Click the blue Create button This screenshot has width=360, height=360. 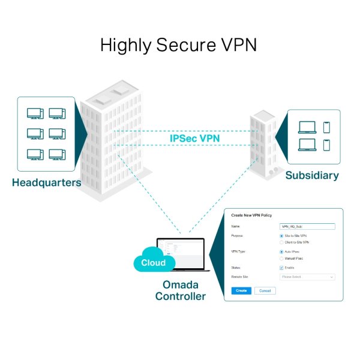(x=241, y=290)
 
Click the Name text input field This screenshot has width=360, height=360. (x=307, y=227)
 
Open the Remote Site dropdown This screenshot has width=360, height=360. (x=307, y=277)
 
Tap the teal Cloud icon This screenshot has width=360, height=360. (x=153, y=262)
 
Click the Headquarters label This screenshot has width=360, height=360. (x=46, y=182)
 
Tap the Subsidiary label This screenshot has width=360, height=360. (x=312, y=176)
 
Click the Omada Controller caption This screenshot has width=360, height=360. (x=180, y=290)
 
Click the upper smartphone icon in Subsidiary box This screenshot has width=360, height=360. (x=326, y=127)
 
